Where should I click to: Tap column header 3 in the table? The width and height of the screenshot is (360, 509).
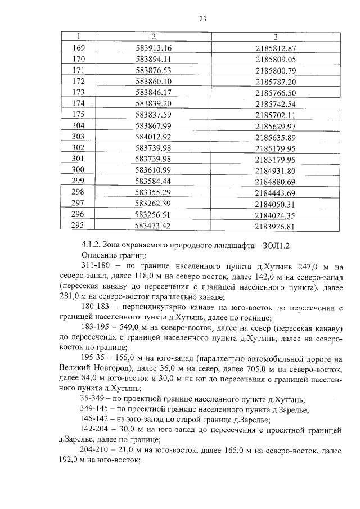point(276,37)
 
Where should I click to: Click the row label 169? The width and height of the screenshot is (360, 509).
point(79,48)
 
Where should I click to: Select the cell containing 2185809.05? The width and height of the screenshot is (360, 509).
point(276,59)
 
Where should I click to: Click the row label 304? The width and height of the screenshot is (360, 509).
point(79,125)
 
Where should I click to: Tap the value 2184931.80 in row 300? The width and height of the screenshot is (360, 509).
point(276,170)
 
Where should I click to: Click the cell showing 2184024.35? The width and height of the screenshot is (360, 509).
point(276,215)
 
